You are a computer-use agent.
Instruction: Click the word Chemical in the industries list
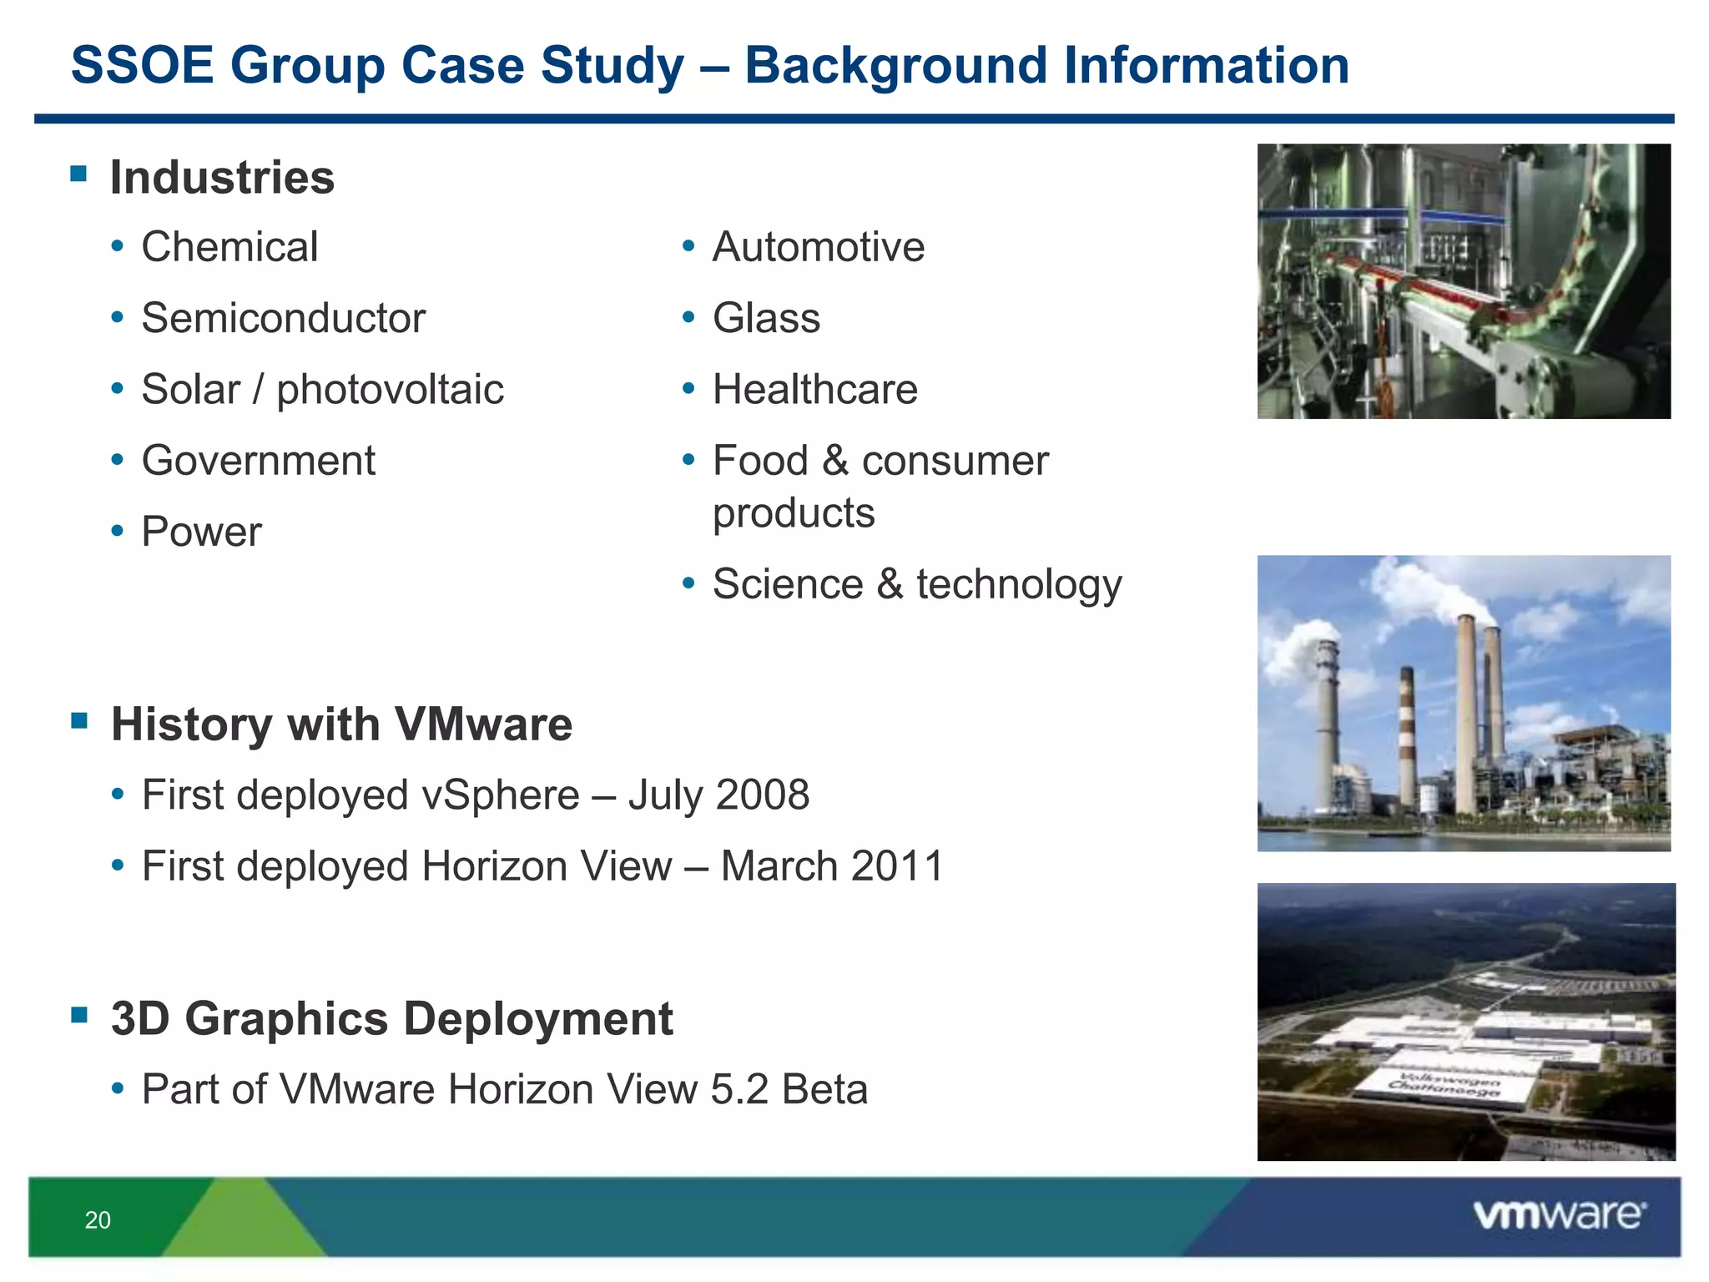pyautogui.click(x=229, y=247)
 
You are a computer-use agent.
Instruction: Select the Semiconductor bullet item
pyautogui.click(x=283, y=318)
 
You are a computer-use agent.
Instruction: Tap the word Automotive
pyautogui.click(x=818, y=247)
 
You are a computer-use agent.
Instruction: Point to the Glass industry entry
pyautogui.click(x=766, y=318)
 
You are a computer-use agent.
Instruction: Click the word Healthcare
pyautogui.click(x=814, y=390)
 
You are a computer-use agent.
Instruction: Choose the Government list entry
pyautogui.click(x=259, y=461)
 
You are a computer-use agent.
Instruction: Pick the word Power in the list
pyautogui.click(x=201, y=532)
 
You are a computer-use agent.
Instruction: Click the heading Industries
pyautogui.click(x=222, y=177)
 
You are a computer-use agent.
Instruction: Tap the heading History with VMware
pyautogui.click(x=341, y=724)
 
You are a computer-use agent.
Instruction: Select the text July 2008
pyautogui.click(x=718, y=795)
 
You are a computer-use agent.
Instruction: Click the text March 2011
pyautogui.click(x=832, y=866)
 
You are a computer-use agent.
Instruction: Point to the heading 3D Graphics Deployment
pyautogui.click(x=391, y=1018)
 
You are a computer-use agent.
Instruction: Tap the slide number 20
pyautogui.click(x=98, y=1220)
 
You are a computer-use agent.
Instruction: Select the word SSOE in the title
pyautogui.click(x=143, y=65)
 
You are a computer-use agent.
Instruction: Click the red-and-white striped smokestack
pyautogui.click(x=1407, y=734)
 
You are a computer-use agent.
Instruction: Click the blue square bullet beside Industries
pyautogui.click(x=79, y=174)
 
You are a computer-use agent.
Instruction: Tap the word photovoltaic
pyautogui.click(x=390, y=390)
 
